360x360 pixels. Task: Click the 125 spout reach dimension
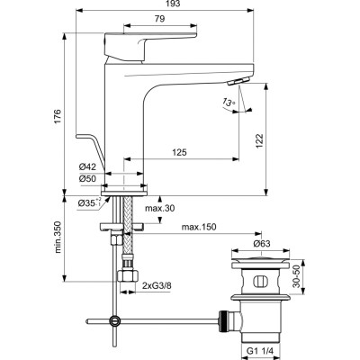pyautogui.click(x=180, y=154)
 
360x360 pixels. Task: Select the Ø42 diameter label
pyautogui.click(x=87, y=166)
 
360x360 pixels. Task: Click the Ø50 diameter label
pyautogui.click(x=87, y=178)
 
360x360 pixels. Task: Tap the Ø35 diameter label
pyautogui.click(x=86, y=204)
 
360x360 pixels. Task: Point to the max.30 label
pyautogui.click(x=158, y=210)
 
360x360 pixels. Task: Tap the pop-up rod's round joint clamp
pyautogui.click(x=113, y=319)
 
